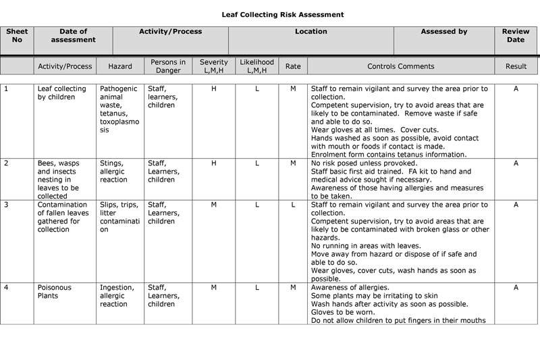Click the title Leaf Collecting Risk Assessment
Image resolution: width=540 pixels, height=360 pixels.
coord(283,14)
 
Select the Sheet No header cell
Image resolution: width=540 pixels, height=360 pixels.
coord(17,36)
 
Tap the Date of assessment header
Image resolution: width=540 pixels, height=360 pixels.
coord(73,36)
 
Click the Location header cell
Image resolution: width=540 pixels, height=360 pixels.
coord(310,32)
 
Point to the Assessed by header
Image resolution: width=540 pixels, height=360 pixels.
coord(443,32)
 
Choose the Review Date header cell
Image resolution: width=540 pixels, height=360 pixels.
coord(515,36)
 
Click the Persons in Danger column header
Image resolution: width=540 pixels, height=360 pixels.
coord(168,66)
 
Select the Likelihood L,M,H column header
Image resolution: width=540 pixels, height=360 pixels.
coord(256,66)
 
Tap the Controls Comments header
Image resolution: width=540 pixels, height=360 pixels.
coord(400,67)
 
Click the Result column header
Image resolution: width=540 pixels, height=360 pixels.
coord(516,67)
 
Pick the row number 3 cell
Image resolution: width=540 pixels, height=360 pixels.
coord(7,205)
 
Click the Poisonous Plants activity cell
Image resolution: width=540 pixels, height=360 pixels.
coord(54,292)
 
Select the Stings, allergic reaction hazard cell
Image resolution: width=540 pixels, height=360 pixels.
coord(112,172)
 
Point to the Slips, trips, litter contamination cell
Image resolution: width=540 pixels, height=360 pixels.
coord(119,217)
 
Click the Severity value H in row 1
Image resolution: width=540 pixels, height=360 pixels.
coord(214,89)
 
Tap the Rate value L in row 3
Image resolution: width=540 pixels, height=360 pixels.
coord(293,205)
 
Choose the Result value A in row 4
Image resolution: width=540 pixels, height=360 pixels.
coord(516,288)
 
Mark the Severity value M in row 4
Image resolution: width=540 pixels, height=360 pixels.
coord(214,288)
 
